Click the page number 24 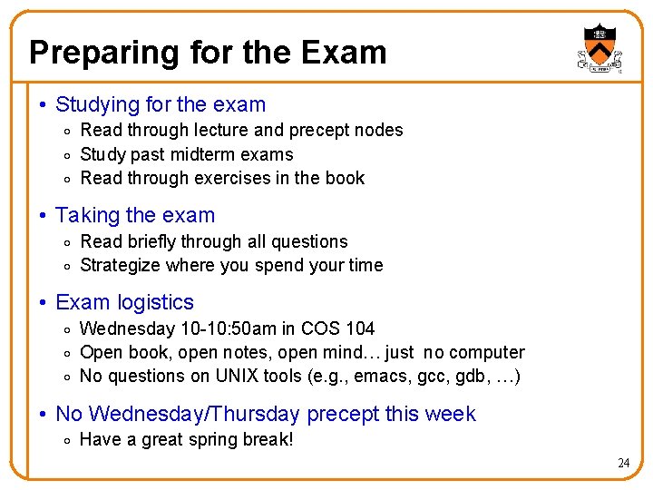click(623, 463)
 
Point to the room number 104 click(358, 328)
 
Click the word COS click(318, 328)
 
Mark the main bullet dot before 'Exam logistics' click(44, 303)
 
